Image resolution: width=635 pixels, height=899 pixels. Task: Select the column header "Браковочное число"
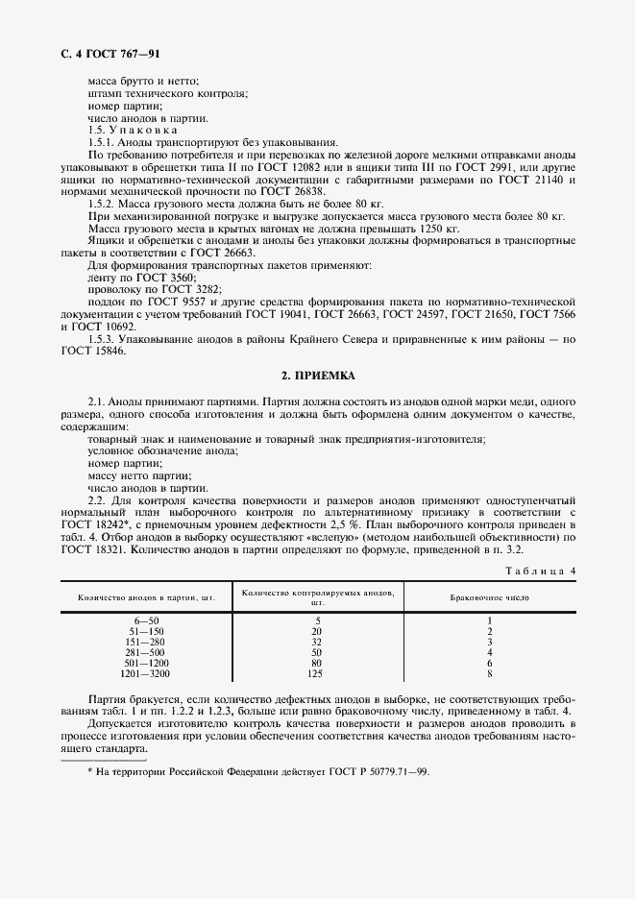tap(489, 597)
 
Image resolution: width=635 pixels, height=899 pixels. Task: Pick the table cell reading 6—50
tap(147, 621)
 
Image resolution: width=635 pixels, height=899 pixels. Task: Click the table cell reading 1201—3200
tap(147, 674)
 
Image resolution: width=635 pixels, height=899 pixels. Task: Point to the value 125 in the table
tap(317, 674)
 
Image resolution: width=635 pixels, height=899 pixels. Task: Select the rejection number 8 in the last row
tap(489, 674)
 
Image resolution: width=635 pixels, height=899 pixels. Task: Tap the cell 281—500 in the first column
tap(147, 653)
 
